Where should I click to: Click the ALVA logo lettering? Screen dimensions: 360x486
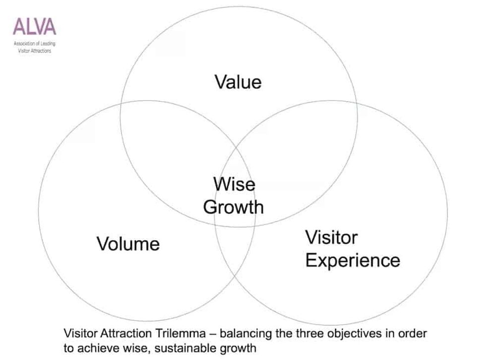point(35,25)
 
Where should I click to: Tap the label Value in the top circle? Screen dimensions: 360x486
point(238,81)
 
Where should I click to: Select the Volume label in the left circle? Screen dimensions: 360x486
point(128,243)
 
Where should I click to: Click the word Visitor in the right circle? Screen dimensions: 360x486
point(331,238)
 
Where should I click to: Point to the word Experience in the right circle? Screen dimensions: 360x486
point(353,260)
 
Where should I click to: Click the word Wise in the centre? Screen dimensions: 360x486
point(234,184)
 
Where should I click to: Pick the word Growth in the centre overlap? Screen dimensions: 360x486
point(234,206)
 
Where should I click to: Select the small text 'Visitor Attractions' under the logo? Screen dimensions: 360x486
point(35,51)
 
